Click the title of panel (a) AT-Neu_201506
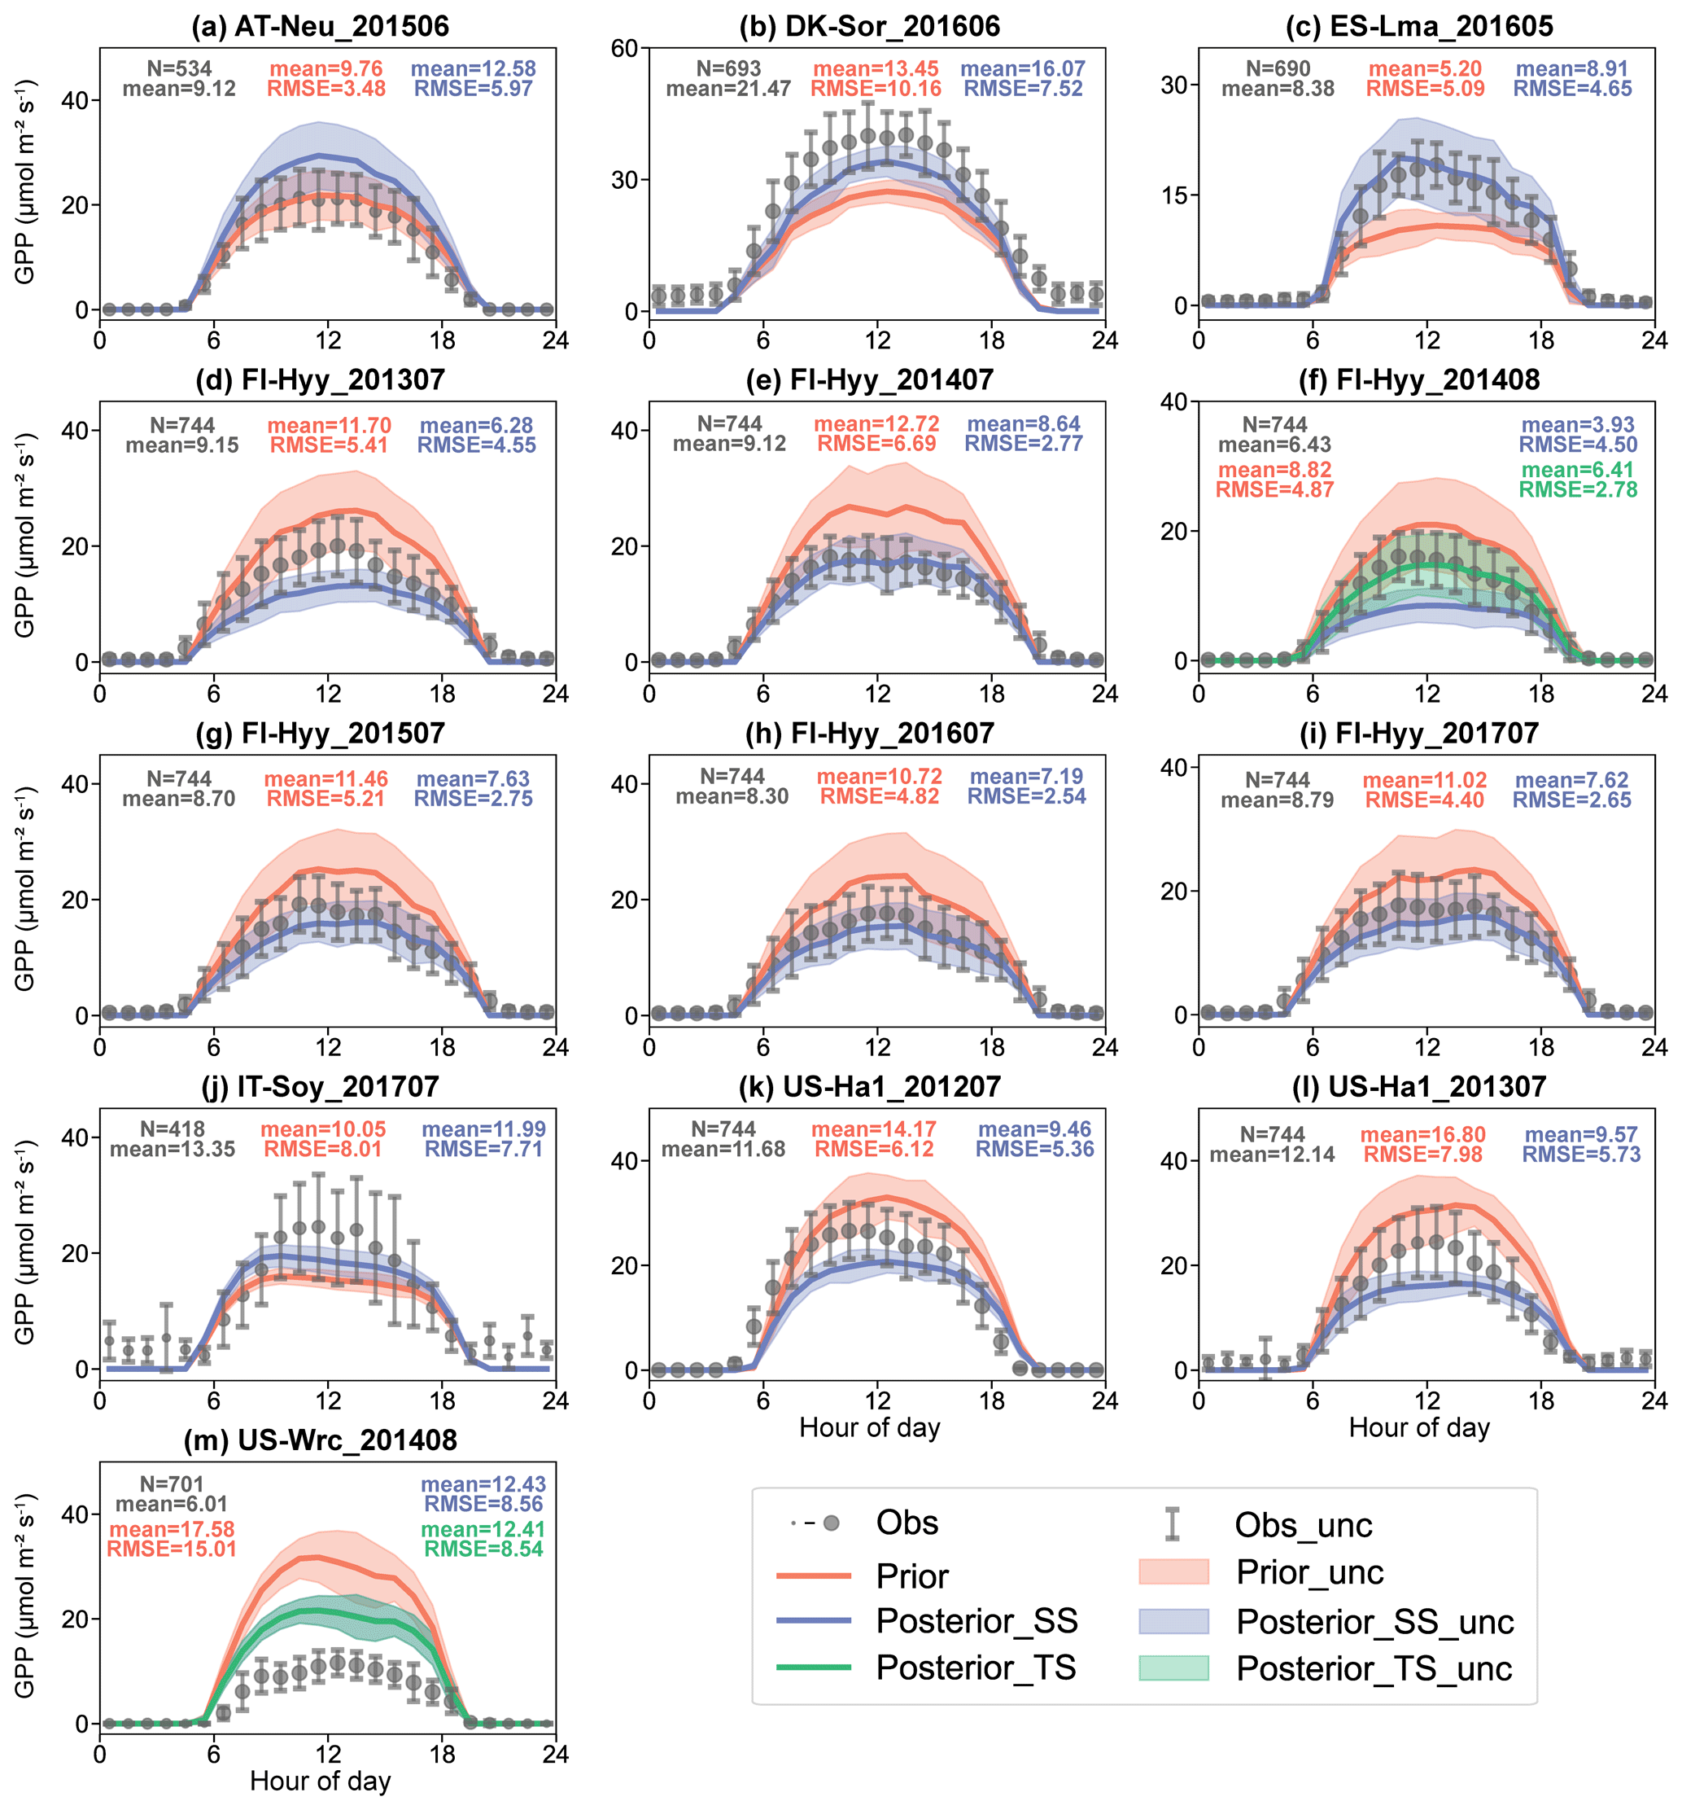pos(320,25)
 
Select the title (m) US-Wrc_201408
pos(320,1440)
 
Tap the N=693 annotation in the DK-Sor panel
pos(728,68)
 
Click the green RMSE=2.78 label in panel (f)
pos(1577,490)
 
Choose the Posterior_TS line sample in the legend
pos(813,1667)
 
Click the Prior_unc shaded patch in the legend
pos(1173,1571)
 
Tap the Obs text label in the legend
pos(907,1523)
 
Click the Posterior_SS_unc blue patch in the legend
pos(1173,1620)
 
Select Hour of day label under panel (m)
pos(320,1780)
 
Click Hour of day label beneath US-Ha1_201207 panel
pos(869,1427)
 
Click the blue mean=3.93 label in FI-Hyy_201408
pos(1577,425)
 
